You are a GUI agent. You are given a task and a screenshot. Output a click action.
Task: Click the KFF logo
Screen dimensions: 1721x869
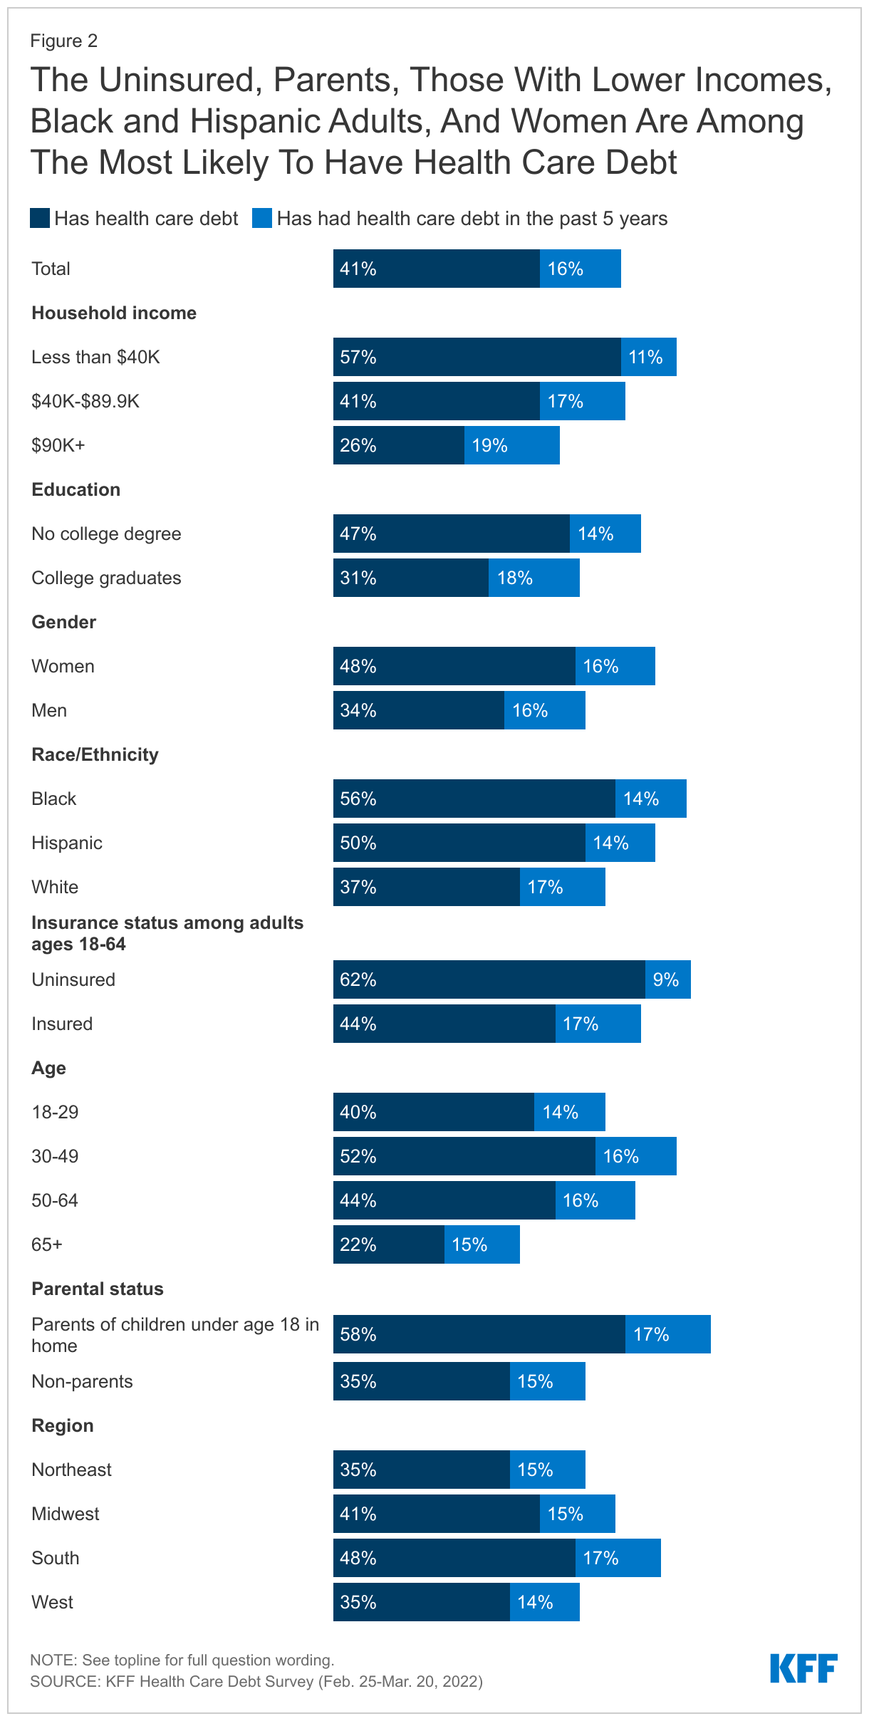click(803, 1668)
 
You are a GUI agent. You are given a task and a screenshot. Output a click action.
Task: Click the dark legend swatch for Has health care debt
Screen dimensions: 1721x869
click(40, 218)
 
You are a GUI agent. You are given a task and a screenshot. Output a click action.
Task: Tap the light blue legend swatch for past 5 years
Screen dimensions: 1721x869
click(262, 218)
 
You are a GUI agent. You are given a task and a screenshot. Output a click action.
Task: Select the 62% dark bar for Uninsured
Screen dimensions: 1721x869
click(489, 979)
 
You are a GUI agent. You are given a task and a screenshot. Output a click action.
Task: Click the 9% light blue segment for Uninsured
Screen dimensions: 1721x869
click(667, 979)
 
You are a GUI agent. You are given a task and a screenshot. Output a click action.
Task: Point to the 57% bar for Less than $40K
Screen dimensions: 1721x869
click(477, 357)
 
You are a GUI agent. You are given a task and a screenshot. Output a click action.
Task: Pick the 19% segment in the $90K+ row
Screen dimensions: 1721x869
click(511, 445)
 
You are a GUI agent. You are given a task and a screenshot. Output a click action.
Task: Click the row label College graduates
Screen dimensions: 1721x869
click(106, 578)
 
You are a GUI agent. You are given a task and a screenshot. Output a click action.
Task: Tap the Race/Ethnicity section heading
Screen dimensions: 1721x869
click(95, 754)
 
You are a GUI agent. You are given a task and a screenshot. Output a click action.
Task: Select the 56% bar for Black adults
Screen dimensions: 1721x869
click(474, 799)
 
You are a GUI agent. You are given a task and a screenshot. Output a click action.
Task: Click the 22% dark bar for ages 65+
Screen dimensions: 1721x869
click(388, 1244)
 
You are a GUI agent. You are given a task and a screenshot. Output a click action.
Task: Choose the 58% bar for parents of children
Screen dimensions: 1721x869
click(479, 1334)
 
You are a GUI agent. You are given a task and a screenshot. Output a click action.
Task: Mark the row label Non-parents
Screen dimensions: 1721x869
click(82, 1381)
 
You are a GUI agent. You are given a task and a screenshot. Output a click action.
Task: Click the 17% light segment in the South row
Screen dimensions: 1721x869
click(618, 1558)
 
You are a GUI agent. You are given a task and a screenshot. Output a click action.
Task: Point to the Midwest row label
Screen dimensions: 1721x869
click(66, 1514)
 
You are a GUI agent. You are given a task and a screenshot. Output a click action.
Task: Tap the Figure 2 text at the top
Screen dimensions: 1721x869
click(63, 41)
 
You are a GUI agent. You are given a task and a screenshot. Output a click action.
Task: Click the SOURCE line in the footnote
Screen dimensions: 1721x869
click(256, 1681)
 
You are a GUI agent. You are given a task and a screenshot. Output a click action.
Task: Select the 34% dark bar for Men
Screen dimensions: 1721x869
click(418, 710)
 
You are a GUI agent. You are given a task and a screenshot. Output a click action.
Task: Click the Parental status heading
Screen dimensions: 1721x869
click(98, 1289)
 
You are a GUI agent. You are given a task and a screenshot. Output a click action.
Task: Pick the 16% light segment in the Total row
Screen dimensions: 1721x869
click(580, 269)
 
